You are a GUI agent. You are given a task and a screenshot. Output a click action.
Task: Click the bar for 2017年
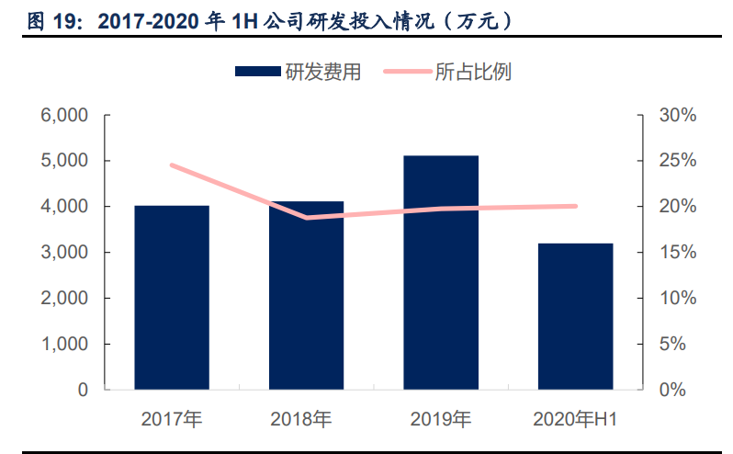[172, 298]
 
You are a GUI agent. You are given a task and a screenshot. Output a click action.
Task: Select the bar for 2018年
[306, 296]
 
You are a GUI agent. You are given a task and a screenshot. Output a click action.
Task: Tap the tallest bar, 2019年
[441, 273]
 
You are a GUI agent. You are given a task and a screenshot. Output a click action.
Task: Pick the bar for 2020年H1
[575, 317]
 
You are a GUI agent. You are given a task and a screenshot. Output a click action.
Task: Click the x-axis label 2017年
[172, 419]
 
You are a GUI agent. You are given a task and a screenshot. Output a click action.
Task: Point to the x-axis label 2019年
[441, 419]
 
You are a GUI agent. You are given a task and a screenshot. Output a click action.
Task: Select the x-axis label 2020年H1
[575, 419]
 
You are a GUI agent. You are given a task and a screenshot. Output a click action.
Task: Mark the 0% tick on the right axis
[673, 390]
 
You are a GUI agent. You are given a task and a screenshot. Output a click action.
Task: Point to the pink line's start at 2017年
[172, 165]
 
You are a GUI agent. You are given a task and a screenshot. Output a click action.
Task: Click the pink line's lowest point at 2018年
[306, 218]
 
